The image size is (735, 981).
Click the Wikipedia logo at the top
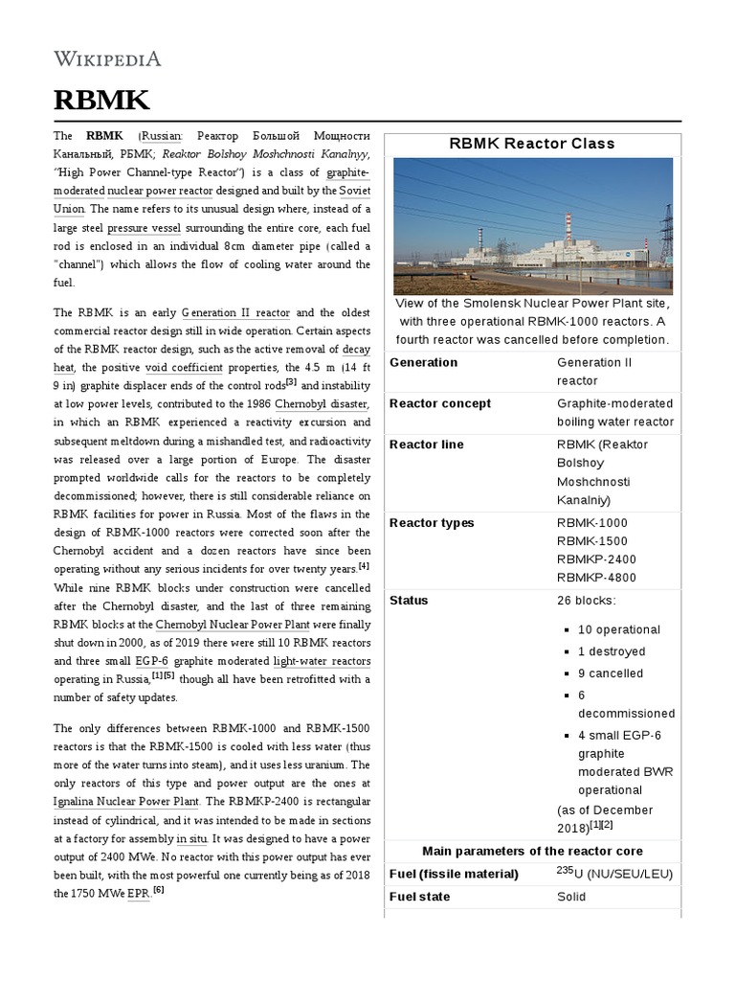coord(107,59)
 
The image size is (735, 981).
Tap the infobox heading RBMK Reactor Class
coord(532,144)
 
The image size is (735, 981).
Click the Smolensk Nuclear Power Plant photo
coord(533,226)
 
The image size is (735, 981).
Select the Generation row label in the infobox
coord(423,362)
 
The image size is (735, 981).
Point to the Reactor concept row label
coord(439,403)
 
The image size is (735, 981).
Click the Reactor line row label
coord(426,445)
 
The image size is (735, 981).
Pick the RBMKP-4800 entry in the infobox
coord(596,578)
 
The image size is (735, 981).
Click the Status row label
coord(409,601)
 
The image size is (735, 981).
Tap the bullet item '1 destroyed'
coord(612,651)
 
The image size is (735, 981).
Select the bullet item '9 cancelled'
coord(611,673)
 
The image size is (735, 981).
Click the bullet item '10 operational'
coord(618,629)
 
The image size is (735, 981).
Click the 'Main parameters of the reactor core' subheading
coord(532,851)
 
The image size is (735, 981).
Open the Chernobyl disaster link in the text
coord(323,403)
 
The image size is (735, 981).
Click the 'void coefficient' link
coord(184,367)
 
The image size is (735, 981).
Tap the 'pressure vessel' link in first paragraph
coord(140,228)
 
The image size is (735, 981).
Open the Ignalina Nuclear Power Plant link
coord(126,801)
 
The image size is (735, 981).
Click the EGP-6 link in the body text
coord(152,661)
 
